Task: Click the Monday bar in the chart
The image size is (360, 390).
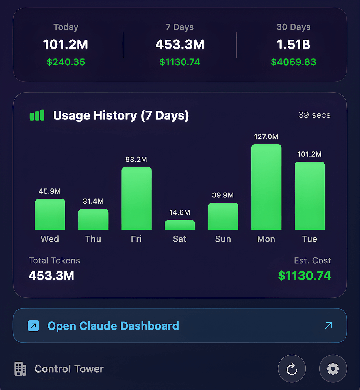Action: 266,187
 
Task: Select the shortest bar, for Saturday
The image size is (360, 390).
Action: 180,225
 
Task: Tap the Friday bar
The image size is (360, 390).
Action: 136,199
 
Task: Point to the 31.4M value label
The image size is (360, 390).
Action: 93,201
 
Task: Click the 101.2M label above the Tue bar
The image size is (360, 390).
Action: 309,154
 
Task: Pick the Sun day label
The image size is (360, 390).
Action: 223,239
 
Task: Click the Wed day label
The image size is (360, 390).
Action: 50,239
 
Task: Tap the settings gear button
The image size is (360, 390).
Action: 333,369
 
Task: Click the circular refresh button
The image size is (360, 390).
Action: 292,369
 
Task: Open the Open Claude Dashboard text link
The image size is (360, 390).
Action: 113,326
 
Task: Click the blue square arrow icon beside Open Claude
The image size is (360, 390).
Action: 34,326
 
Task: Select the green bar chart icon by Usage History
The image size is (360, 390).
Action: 37,115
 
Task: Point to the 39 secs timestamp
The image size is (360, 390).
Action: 314,115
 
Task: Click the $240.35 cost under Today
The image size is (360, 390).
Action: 66,62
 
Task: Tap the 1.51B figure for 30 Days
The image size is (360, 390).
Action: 293,45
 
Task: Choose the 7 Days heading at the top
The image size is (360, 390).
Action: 180,27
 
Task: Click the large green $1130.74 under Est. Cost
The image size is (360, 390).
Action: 304,276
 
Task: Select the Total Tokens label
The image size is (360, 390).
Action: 54,260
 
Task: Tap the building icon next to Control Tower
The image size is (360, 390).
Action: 20,369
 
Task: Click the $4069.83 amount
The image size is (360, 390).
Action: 293,62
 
